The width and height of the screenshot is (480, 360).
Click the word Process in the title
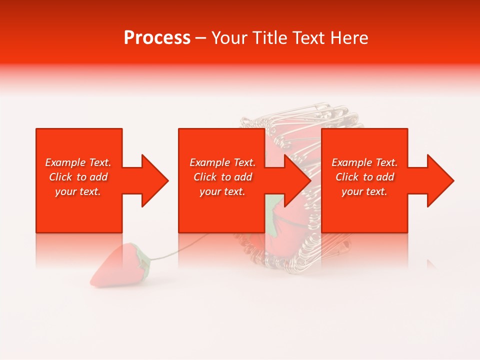[x=157, y=38]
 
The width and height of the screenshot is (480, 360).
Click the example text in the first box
[x=78, y=177]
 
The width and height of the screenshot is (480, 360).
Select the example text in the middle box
[x=222, y=177]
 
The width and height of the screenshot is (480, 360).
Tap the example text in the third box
[x=364, y=177]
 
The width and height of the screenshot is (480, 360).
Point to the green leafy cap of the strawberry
[x=143, y=260]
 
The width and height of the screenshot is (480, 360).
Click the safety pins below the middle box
[x=290, y=250]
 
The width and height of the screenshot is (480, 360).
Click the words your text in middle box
[x=222, y=191]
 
